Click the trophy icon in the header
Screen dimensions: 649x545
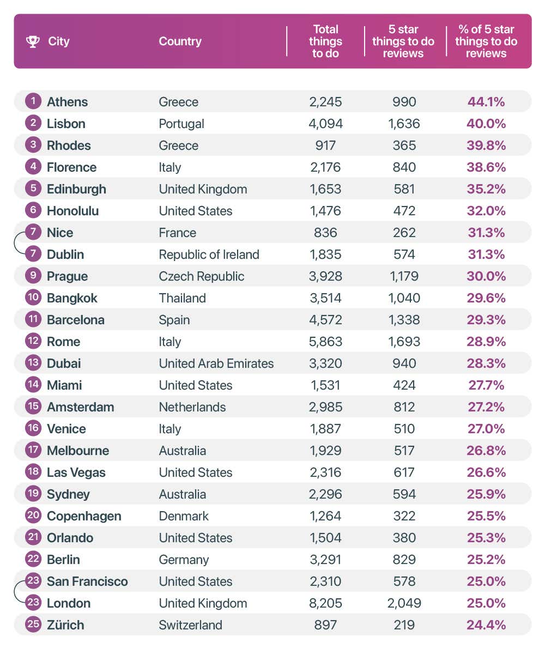tap(33, 41)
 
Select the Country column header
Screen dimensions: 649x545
tap(180, 41)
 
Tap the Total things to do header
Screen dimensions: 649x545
tap(325, 41)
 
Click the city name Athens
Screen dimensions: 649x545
tap(67, 102)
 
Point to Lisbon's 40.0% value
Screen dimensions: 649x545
tap(486, 124)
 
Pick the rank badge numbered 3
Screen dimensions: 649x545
tap(33, 145)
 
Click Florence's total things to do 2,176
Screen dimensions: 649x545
tap(325, 167)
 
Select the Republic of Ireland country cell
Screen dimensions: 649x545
tap(209, 254)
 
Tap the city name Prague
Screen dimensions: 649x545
tap(67, 276)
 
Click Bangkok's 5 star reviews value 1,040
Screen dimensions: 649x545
tap(404, 298)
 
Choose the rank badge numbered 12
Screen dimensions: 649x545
tap(33, 342)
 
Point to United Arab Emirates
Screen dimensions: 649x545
tap(216, 363)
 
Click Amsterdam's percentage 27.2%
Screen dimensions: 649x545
tap(486, 407)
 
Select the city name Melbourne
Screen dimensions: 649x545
tap(78, 451)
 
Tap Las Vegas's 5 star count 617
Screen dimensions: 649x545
tap(404, 472)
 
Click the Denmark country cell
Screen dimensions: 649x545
tap(184, 516)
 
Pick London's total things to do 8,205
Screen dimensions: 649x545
tap(325, 603)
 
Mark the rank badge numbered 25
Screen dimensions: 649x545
tap(33, 624)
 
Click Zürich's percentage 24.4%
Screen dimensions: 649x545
tap(486, 625)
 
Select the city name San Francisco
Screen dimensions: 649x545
tap(87, 581)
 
